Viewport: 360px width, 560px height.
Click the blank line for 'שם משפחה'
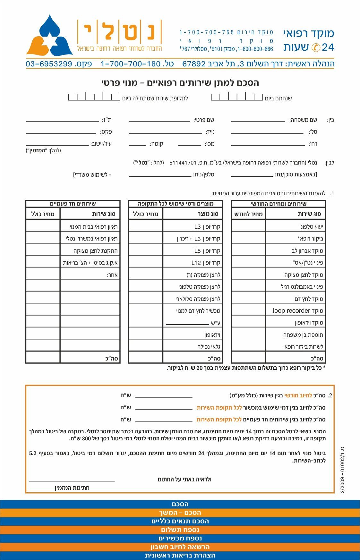[x=258, y=121]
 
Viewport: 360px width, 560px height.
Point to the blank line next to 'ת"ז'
[x=62, y=121]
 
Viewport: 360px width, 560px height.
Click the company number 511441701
[x=182, y=163]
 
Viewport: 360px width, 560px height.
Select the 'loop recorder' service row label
[x=298, y=310]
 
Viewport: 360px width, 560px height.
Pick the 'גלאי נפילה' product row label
[x=209, y=346]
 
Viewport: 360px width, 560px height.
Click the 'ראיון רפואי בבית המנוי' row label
[x=93, y=227]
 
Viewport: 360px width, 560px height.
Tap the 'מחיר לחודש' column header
[x=248, y=214]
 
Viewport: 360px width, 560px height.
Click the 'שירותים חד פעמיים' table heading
[x=73, y=204]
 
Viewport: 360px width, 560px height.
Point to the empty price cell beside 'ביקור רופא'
[x=248, y=239]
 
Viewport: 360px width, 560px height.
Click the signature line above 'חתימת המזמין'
[x=72, y=480]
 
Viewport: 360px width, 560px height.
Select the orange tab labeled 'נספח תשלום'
[x=180, y=530]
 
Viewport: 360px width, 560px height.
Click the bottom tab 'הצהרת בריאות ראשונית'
[x=180, y=556]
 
